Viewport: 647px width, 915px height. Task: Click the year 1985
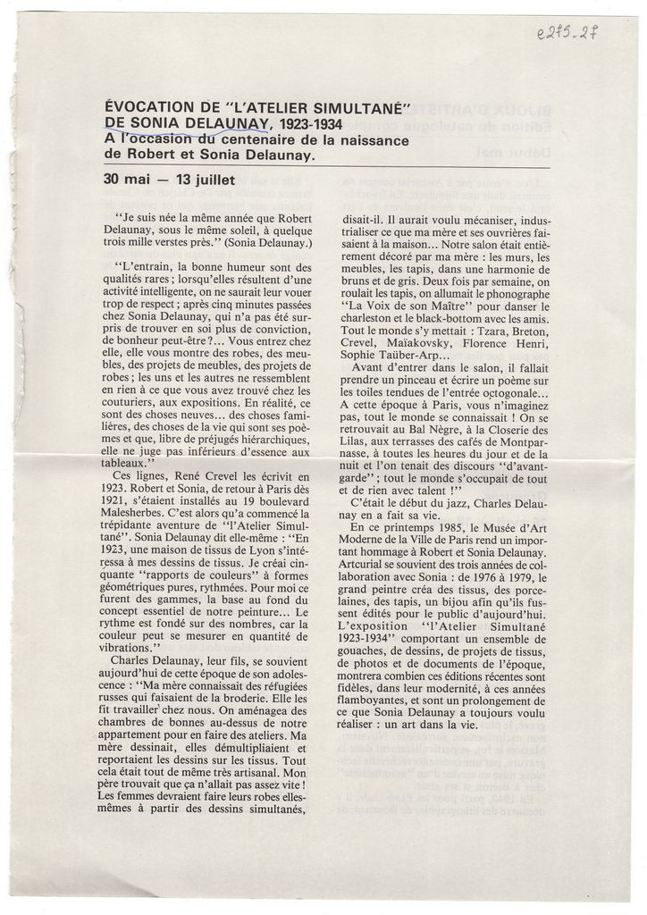tap(446, 527)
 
